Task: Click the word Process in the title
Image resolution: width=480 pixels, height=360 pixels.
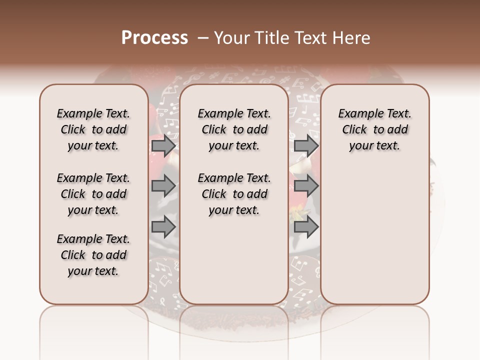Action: [x=154, y=37]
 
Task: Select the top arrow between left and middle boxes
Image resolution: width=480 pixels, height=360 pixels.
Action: [x=163, y=145]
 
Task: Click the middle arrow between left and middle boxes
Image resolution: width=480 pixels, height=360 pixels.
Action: [x=163, y=186]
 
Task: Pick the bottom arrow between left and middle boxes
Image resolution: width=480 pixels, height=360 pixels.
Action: [x=163, y=227]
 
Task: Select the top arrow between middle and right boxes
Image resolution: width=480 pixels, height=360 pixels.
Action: [x=306, y=145]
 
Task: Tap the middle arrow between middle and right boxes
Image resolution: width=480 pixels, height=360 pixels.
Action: [x=306, y=186]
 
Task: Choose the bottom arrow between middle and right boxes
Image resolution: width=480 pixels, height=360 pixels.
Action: [x=306, y=227]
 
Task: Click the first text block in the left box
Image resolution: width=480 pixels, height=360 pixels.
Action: [x=93, y=129]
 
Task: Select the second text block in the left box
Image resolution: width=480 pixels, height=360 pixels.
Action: [x=93, y=194]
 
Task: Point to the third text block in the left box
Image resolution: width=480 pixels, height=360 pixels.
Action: [x=93, y=255]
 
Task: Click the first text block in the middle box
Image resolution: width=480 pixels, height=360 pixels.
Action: [x=234, y=129]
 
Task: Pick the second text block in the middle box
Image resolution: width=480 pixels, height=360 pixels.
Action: [x=234, y=194]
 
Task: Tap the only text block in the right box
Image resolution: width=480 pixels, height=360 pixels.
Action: [x=375, y=129]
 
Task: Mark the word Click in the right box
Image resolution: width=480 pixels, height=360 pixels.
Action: [x=354, y=130]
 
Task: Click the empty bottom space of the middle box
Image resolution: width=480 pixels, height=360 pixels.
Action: [x=234, y=265]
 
